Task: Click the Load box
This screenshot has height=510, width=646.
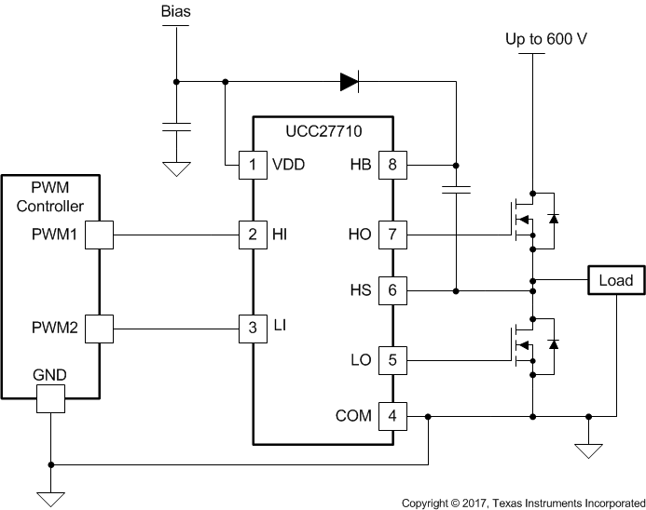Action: tap(615, 280)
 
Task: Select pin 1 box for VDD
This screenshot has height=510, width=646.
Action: tap(253, 165)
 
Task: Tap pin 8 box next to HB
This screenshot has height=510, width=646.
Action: tap(392, 165)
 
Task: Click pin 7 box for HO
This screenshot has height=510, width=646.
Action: tap(392, 235)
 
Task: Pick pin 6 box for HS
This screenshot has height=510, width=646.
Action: tap(392, 291)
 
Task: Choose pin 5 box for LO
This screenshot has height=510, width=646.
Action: tap(392, 359)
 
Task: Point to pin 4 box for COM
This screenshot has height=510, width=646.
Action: tap(392, 416)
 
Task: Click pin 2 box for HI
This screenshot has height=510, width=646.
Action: tap(253, 235)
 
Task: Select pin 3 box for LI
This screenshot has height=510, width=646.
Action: tap(253, 328)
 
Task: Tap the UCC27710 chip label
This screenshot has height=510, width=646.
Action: tap(322, 131)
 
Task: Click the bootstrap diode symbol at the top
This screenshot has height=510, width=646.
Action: tap(350, 82)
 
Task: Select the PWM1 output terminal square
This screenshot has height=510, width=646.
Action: tap(98, 235)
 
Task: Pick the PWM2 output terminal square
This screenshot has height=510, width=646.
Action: tap(98, 328)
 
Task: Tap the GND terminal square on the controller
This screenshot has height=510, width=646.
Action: tap(50, 399)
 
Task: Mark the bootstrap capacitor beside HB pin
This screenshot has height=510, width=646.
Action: tap(456, 192)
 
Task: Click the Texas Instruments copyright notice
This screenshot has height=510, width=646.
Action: tap(523, 503)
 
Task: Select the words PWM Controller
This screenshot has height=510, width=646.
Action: tap(50, 197)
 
